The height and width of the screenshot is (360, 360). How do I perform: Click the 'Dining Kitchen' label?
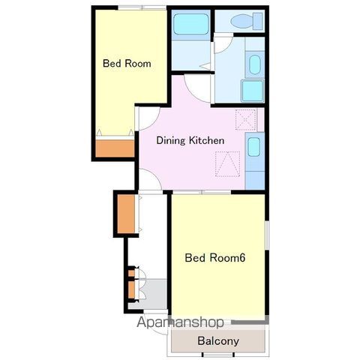(190, 140)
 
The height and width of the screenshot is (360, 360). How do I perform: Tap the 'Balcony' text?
(218, 340)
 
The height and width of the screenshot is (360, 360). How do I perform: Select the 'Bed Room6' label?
(215, 257)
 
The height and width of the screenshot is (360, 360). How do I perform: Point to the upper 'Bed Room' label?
(127, 63)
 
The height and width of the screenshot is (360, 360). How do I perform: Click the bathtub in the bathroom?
(191, 24)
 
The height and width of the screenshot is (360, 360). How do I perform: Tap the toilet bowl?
(246, 21)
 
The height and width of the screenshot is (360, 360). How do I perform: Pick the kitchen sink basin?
(254, 147)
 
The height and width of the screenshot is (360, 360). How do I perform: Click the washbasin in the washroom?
(254, 64)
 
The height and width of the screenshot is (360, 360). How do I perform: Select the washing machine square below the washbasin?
(253, 91)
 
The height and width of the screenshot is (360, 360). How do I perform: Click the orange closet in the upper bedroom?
(115, 148)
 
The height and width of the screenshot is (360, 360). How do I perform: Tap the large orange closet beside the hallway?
(126, 214)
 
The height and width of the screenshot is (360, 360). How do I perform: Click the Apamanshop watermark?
(180, 322)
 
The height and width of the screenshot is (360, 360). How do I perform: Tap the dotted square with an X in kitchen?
(246, 120)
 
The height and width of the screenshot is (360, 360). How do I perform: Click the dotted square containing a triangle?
(228, 164)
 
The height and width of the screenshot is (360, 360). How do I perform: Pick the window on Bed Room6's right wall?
(267, 235)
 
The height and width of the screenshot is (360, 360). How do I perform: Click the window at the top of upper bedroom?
(142, 7)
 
